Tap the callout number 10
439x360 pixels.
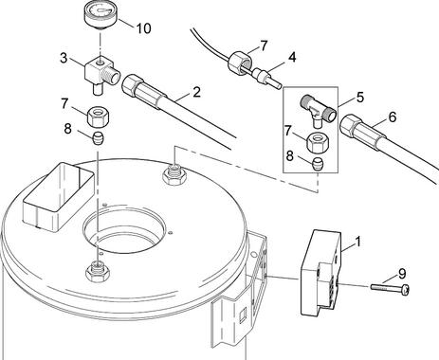(x=143, y=28)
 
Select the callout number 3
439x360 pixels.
(x=64, y=58)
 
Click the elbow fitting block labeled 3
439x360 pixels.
(x=101, y=74)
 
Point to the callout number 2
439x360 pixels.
(x=196, y=92)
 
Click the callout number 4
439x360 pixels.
(x=292, y=58)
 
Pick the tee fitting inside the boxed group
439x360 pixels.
(x=319, y=111)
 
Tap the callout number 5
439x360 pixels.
(x=360, y=98)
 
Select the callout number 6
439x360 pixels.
(x=392, y=117)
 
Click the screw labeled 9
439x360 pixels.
(x=391, y=289)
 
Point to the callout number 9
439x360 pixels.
(x=402, y=274)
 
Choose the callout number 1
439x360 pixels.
(x=357, y=242)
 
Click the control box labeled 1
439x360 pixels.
(x=321, y=273)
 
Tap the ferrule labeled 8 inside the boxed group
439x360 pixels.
(x=317, y=164)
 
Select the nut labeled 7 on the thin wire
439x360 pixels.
(x=240, y=63)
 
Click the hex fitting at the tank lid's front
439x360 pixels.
(x=98, y=270)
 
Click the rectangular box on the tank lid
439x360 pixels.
(x=59, y=196)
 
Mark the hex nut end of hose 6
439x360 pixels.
(x=352, y=127)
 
